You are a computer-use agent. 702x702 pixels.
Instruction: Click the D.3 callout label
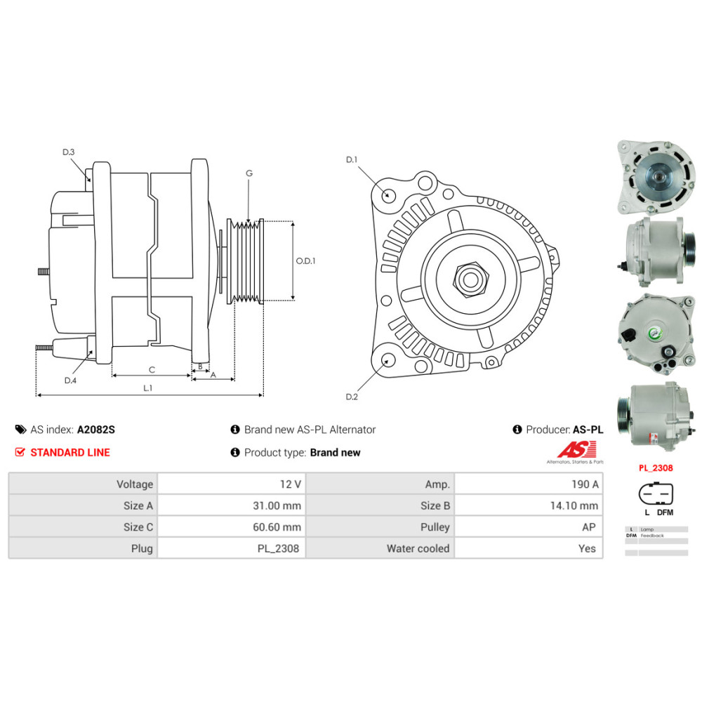pos(68,152)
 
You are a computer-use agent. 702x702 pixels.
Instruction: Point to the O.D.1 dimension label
pos(305,260)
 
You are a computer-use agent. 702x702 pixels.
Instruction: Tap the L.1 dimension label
pos(148,387)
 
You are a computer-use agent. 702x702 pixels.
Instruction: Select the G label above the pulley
pos(249,173)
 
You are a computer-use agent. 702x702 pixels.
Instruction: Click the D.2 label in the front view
pos(352,397)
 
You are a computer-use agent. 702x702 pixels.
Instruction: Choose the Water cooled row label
pos(418,548)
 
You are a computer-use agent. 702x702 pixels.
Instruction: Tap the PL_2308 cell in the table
pos(279,548)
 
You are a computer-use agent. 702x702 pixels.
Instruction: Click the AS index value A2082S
pos(95,430)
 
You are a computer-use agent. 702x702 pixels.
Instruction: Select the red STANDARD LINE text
pos(69,452)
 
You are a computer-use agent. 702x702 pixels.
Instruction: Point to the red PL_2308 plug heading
pos(656,466)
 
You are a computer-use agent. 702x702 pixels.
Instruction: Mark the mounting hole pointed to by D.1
pos(387,194)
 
